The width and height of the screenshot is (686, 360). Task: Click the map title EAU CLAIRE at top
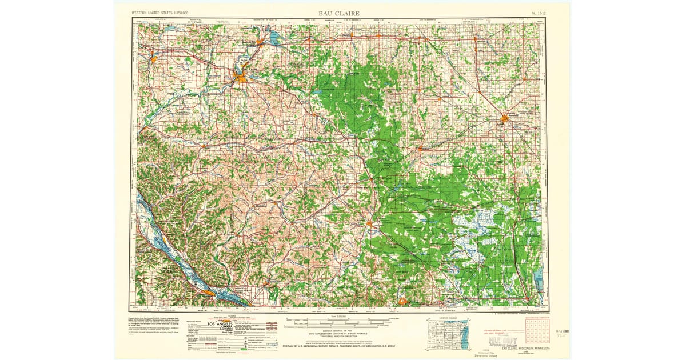[339, 13]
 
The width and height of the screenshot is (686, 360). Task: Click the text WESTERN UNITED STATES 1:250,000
[161, 13]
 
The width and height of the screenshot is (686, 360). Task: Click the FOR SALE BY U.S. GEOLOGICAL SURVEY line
[340, 346]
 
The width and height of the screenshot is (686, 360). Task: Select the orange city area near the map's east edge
[505, 119]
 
